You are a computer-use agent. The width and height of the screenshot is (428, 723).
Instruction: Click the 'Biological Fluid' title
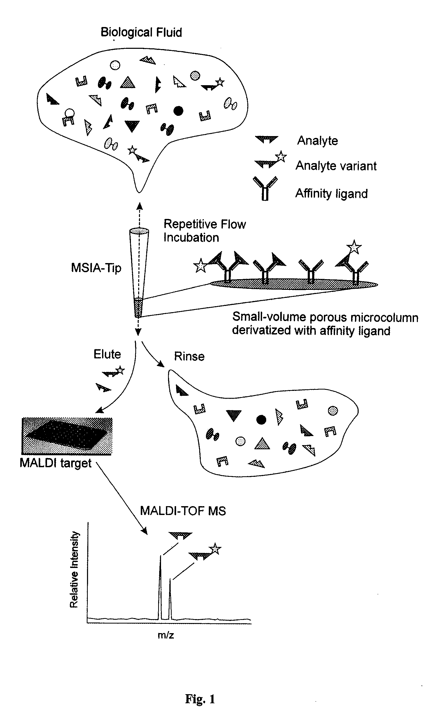point(141,32)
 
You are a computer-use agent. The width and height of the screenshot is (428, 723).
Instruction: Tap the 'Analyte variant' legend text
point(336,166)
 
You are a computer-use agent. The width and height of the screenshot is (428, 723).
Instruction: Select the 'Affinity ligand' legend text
point(331,193)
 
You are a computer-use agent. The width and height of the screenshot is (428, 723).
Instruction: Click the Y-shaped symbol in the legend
point(265,188)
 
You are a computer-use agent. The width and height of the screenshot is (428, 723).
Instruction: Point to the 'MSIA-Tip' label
point(96,268)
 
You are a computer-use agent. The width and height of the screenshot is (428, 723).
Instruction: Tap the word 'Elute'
point(107,354)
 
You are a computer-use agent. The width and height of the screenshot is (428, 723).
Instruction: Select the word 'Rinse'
point(189,357)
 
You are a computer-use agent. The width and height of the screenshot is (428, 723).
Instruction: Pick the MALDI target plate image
point(67,436)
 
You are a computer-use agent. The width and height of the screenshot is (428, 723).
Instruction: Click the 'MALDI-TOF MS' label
point(183,511)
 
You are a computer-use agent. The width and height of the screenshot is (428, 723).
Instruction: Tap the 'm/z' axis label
point(165,635)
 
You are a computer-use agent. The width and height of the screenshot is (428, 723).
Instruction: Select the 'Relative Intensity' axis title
point(74,570)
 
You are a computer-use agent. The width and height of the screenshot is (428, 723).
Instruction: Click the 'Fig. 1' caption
point(200,699)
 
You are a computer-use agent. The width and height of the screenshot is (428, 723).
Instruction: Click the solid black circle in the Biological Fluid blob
point(178,111)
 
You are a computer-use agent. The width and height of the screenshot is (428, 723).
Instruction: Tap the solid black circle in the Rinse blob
point(261,420)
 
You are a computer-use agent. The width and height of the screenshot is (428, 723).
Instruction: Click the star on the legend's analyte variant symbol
point(281,157)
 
